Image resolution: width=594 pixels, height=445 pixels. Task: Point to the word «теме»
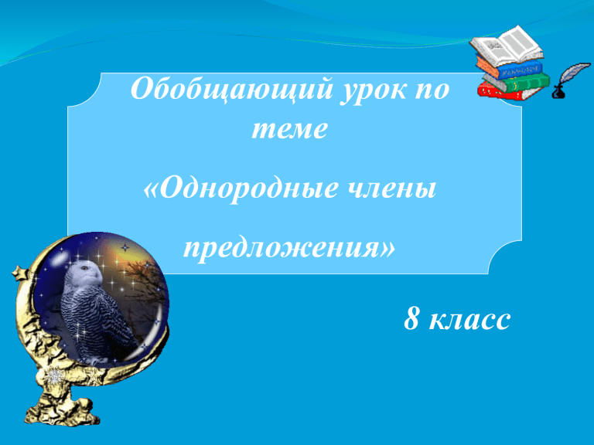click(289, 130)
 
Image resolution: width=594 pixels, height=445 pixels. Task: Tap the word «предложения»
click(288, 249)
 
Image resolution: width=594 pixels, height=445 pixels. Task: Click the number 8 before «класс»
click(411, 318)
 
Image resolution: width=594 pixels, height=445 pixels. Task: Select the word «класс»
click(469, 321)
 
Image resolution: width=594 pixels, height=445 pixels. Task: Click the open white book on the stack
click(506, 46)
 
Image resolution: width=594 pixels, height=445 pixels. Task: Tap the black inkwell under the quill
click(558, 93)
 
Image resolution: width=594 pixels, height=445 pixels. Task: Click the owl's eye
click(84, 268)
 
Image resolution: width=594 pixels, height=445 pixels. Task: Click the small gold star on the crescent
click(19, 273)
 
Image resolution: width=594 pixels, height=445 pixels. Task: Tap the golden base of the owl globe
click(60, 405)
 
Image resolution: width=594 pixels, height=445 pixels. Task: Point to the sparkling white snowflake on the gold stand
click(53, 376)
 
